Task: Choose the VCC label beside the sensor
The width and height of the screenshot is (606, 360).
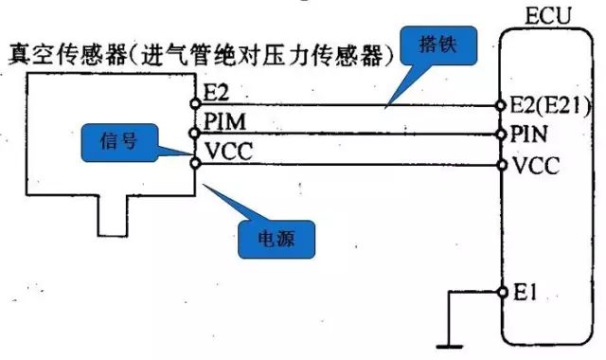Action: click(x=223, y=148)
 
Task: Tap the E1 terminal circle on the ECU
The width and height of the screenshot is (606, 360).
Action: click(x=502, y=293)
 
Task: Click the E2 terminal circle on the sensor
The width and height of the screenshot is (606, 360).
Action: click(x=195, y=102)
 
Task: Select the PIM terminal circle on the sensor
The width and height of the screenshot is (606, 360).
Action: click(x=195, y=133)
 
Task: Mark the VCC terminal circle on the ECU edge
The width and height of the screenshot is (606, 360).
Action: click(x=502, y=165)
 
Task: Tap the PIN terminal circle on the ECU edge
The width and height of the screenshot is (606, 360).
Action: click(x=502, y=134)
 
